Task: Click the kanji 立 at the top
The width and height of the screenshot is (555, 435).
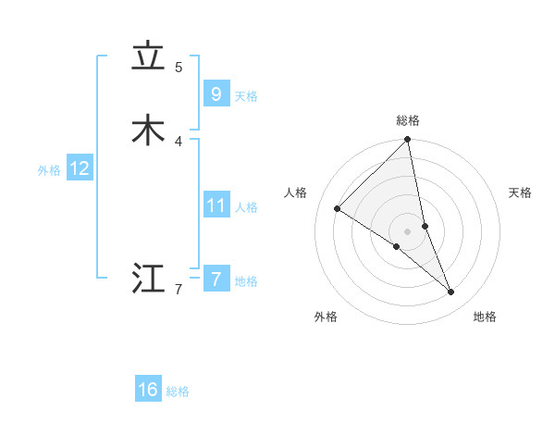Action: click(148, 57)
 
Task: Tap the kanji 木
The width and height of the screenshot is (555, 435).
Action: click(148, 130)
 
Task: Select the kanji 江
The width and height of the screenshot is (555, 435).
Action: click(148, 279)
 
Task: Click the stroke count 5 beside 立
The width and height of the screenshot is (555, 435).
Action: click(179, 67)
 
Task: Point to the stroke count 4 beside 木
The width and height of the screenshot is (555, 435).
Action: click(179, 141)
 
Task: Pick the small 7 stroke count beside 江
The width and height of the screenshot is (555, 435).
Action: click(179, 290)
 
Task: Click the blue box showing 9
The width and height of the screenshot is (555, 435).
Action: click(216, 94)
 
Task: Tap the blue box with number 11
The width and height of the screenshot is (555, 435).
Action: click(216, 205)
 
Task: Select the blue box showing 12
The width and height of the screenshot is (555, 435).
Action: click(79, 168)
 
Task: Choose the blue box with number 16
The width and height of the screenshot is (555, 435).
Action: click(148, 390)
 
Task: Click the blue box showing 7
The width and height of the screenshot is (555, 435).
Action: click(216, 280)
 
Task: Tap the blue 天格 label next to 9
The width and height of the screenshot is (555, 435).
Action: click(246, 96)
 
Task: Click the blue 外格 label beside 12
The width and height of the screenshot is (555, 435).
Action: click(49, 170)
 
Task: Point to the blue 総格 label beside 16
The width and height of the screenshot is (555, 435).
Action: click(178, 391)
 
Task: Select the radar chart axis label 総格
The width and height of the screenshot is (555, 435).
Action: click(408, 120)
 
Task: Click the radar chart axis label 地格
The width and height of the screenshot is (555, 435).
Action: click(485, 317)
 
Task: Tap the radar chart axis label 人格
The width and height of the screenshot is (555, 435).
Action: click(296, 193)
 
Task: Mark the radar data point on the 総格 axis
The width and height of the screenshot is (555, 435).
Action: click(408, 141)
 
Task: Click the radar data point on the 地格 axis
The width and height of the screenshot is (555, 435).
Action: click(451, 292)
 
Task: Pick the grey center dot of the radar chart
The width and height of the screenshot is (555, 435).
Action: click(408, 230)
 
